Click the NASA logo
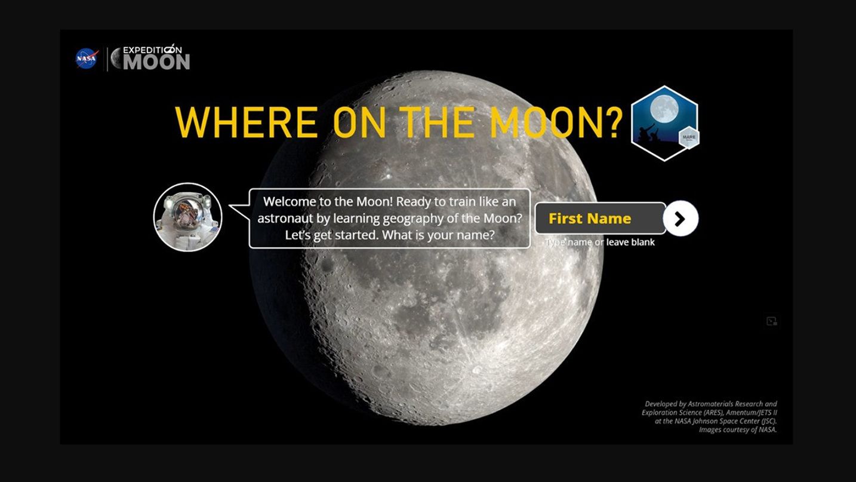pyautogui.click(x=87, y=59)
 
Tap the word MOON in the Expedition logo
pyautogui.click(x=157, y=62)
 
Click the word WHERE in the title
pyautogui.click(x=246, y=122)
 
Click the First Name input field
pyautogui.click(x=599, y=219)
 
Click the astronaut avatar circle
pyautogui.click(x=188, y=217)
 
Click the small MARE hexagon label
pyautogui.click(x=689, y=138)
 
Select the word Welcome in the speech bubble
pyautogui.click(x=290, y=201)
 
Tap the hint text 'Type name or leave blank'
pyautogui.click(x=600, y=242)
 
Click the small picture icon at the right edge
pyautogui.click(x=772, y=321)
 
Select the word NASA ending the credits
pyautogui.click(x=768, y=429)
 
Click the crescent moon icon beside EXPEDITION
pyautogui.click(x=116, y=59)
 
